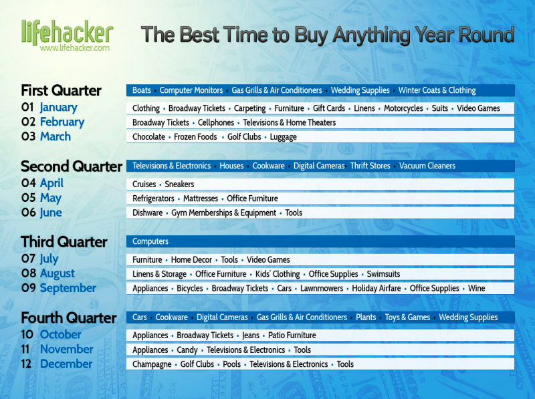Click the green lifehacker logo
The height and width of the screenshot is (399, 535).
click(x=67, y=32)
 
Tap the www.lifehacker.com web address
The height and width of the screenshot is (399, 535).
click(x=75, y=48)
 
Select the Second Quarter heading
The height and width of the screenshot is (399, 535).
click(x=72, y=166)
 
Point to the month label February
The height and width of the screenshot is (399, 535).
click(x=62, y=122)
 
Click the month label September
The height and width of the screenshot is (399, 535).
click(x=68, y=288)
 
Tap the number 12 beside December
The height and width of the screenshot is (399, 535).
click(x=26, y=364)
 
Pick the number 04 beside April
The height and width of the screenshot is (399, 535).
click(x=28, y=183)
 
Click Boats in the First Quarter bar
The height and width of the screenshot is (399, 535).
click(x=142, y=90)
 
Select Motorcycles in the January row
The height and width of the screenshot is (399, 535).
click(x=403, y=108)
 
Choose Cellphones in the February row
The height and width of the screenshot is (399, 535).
click(x=216, y=123)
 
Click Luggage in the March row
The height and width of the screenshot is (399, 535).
click(x=283, y=137)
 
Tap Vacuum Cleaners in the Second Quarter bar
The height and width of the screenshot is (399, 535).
click(x=427, y=166)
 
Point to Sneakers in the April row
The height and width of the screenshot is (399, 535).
click(x=179, y=184)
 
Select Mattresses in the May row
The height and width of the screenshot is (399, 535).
click(x=201, y=198)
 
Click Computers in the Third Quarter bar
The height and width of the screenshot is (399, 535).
click(x=150, y=241)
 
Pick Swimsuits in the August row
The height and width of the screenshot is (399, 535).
click(x=383, y=274)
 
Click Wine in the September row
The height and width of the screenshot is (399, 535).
click(x=477, y=289)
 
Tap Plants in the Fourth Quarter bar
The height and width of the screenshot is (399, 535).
click(x=366, y=317)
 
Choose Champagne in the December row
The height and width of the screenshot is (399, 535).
click(x=152, y=364)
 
